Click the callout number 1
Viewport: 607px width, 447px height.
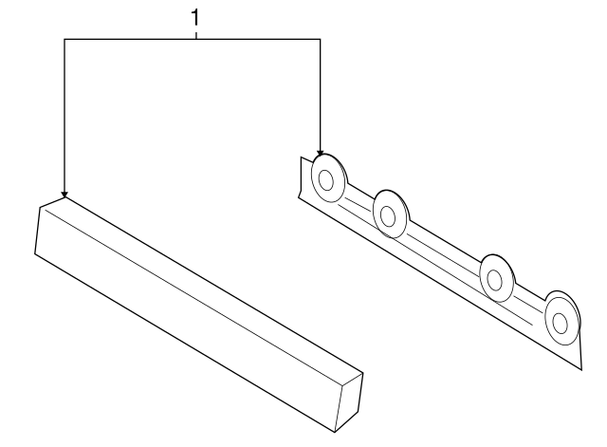(195, 18)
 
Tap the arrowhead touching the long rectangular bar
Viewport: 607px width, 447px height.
(64, 194)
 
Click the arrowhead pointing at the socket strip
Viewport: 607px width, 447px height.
(320, 153)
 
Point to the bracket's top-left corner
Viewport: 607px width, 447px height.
(64, 39)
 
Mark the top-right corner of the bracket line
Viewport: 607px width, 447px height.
(320, 39)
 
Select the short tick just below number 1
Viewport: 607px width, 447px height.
(196, 36)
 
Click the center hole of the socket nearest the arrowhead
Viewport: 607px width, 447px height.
(326, 180)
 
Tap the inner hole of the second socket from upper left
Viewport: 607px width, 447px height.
(388, 216)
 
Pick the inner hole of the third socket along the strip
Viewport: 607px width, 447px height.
(494, 280)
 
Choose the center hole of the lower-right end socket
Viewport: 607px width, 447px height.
(560, 323)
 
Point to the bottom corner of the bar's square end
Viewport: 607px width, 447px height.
(335, 432)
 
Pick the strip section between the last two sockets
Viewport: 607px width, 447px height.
(528, 303)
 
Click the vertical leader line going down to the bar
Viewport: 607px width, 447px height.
(64, 115)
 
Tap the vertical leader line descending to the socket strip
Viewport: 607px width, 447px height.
(320, 95)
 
